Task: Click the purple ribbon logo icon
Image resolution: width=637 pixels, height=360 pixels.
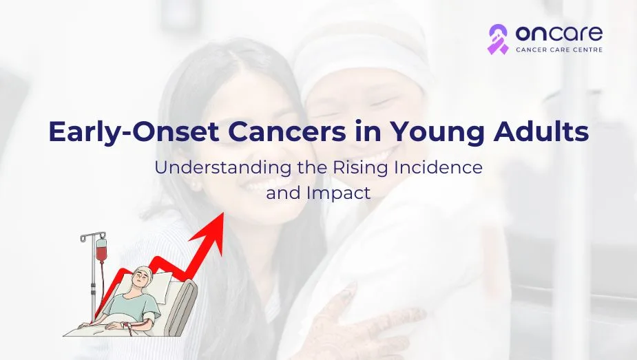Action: coord(498,39)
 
